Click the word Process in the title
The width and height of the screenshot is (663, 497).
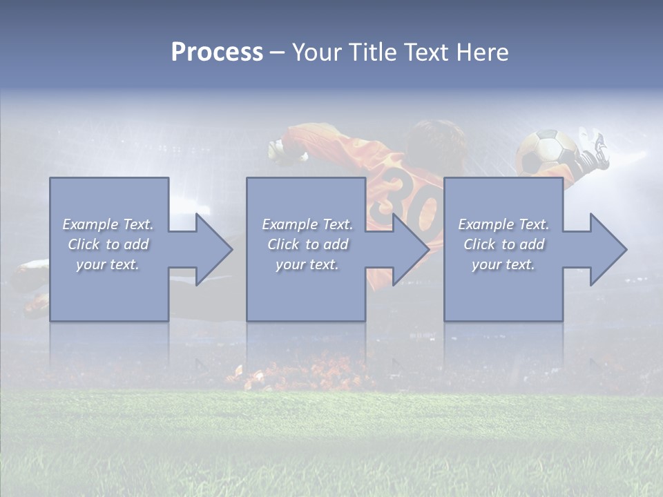tap(217, 52)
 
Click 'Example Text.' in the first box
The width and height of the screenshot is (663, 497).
tap(108, 224)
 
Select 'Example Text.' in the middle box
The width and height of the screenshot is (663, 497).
tap(307, 224)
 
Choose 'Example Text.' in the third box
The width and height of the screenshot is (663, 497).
tap(503, 224)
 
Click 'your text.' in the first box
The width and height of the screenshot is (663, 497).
tap(108, 264)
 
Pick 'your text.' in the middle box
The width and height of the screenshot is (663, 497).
tap(307, 264)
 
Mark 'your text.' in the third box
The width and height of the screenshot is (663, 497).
tap(503, 264)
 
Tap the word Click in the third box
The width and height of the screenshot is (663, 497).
tap(479, 244)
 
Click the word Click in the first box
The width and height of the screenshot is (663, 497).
tap(84, 244)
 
